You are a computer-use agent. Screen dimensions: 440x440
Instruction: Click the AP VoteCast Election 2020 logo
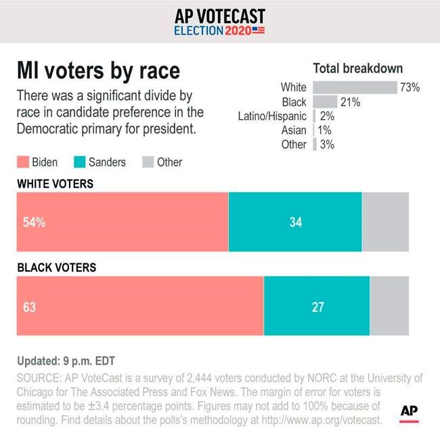point(219,22)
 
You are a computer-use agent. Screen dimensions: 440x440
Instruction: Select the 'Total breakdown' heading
point(357,68)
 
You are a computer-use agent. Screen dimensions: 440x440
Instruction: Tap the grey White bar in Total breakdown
point(355,87)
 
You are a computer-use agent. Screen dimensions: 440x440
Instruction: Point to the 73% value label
point(410,87)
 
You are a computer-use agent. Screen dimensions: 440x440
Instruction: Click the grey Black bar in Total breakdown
point(325,102)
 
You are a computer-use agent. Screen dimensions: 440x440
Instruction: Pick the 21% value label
point(350,102)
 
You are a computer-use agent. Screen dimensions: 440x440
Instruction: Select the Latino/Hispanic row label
point(272,116)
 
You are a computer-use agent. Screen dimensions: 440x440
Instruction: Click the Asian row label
point(294,131)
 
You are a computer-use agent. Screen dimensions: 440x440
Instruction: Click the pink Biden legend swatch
point(22,162)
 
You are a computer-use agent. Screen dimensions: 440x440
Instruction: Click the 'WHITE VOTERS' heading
point(55,183)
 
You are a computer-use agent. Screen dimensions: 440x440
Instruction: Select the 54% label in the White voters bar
point(34,222)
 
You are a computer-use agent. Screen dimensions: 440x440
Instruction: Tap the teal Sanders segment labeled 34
point(295,222)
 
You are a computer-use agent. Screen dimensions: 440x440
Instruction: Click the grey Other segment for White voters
point(385,222)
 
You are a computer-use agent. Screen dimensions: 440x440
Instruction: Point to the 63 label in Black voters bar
point(29,307)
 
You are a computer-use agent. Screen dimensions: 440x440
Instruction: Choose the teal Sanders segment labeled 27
point(317,307)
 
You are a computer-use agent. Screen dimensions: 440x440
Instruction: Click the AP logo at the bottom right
point(408,412)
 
